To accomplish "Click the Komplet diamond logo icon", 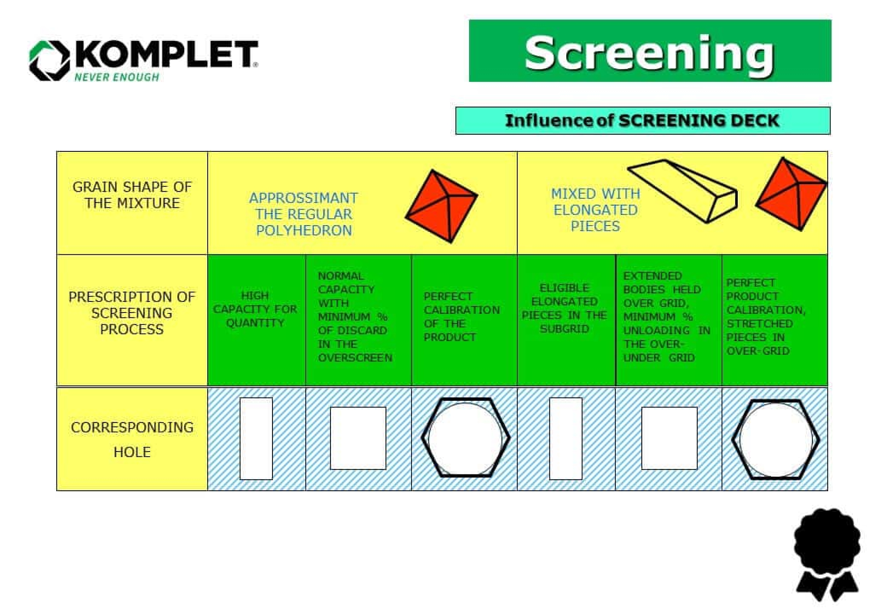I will pyautogui.click(x=49, y=60).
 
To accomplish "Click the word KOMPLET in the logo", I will pyautogui.click(x=166, y=55).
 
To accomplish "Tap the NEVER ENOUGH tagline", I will pyautogui.click(x=116, y=77).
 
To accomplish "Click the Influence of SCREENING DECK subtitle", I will pyautogui.click(x=642, y=121).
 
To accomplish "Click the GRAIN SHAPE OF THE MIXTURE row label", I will pyautogui.click(x=132, y=195).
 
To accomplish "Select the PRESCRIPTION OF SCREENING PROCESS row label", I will pyautogui.click(x=132, y=313).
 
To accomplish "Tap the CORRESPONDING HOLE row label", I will pyautogui.click(x=132, y=439).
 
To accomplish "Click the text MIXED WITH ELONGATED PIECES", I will pyautogui.click(x=595, y=210).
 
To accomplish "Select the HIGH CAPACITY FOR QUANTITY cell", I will pyautogui.click(x=255, y=309).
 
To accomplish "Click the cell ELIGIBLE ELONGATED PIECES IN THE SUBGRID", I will pyautogui.click(x=564, y=308).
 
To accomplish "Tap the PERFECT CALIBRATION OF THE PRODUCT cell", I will pyautogui.click(x=461, y=317).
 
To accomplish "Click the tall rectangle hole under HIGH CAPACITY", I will pyautogui.click(x=256, y=438).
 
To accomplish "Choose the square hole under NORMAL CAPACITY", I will pyautogui.click(x=358, y=438).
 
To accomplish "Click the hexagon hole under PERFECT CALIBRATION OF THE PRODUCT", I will pyautogui.click(x=465, y=438).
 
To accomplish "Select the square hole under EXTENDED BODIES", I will pyautogui.click(x=669, y=438).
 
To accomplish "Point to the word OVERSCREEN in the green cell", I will pyautogui.click(x=355, y=358).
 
